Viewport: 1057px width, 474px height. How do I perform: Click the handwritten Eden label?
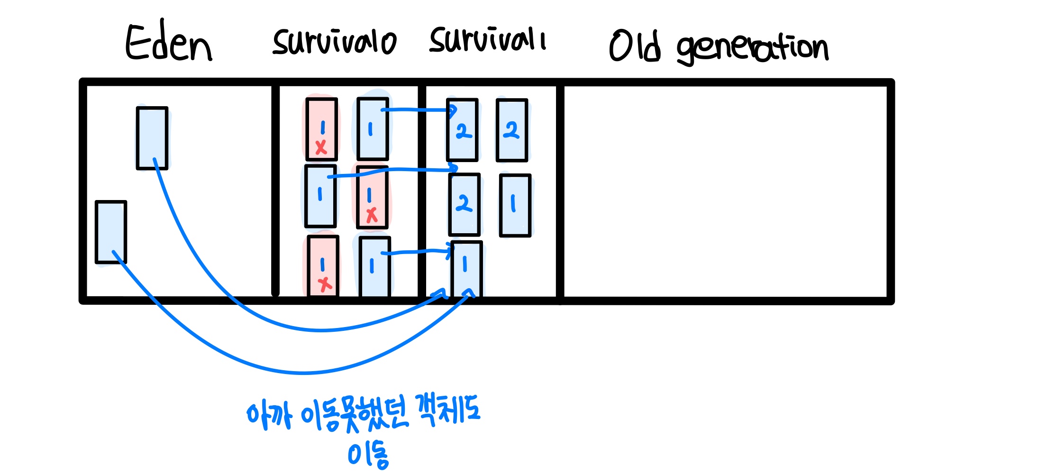(168, 42)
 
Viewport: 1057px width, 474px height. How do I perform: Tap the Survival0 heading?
(334, 42)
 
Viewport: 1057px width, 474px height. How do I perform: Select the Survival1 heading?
(487, 39)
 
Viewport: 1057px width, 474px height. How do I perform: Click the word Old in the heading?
(635, 46)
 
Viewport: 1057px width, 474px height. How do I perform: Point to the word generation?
(753, 47)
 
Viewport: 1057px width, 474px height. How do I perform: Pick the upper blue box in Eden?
(152, 138)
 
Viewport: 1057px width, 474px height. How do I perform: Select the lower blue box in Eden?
(111, 232)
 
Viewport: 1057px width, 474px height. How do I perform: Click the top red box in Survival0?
(321, 129)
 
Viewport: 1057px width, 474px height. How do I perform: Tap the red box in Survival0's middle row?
(372, 197)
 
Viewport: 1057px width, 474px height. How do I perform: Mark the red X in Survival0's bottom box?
(325, 284)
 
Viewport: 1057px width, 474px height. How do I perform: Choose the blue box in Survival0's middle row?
(321, 196)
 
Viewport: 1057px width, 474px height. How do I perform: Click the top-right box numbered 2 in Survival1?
(512, 130)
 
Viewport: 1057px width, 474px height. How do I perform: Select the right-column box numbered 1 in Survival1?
(515, 205)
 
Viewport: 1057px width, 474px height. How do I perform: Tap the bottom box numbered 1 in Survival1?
(467, 269)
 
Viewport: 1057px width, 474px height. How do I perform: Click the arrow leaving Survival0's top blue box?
(419, 110)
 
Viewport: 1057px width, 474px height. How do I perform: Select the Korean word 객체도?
(447, 410)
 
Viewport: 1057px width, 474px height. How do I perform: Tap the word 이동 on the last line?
(368, 455)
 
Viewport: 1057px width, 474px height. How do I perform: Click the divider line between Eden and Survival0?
(275, 190)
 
